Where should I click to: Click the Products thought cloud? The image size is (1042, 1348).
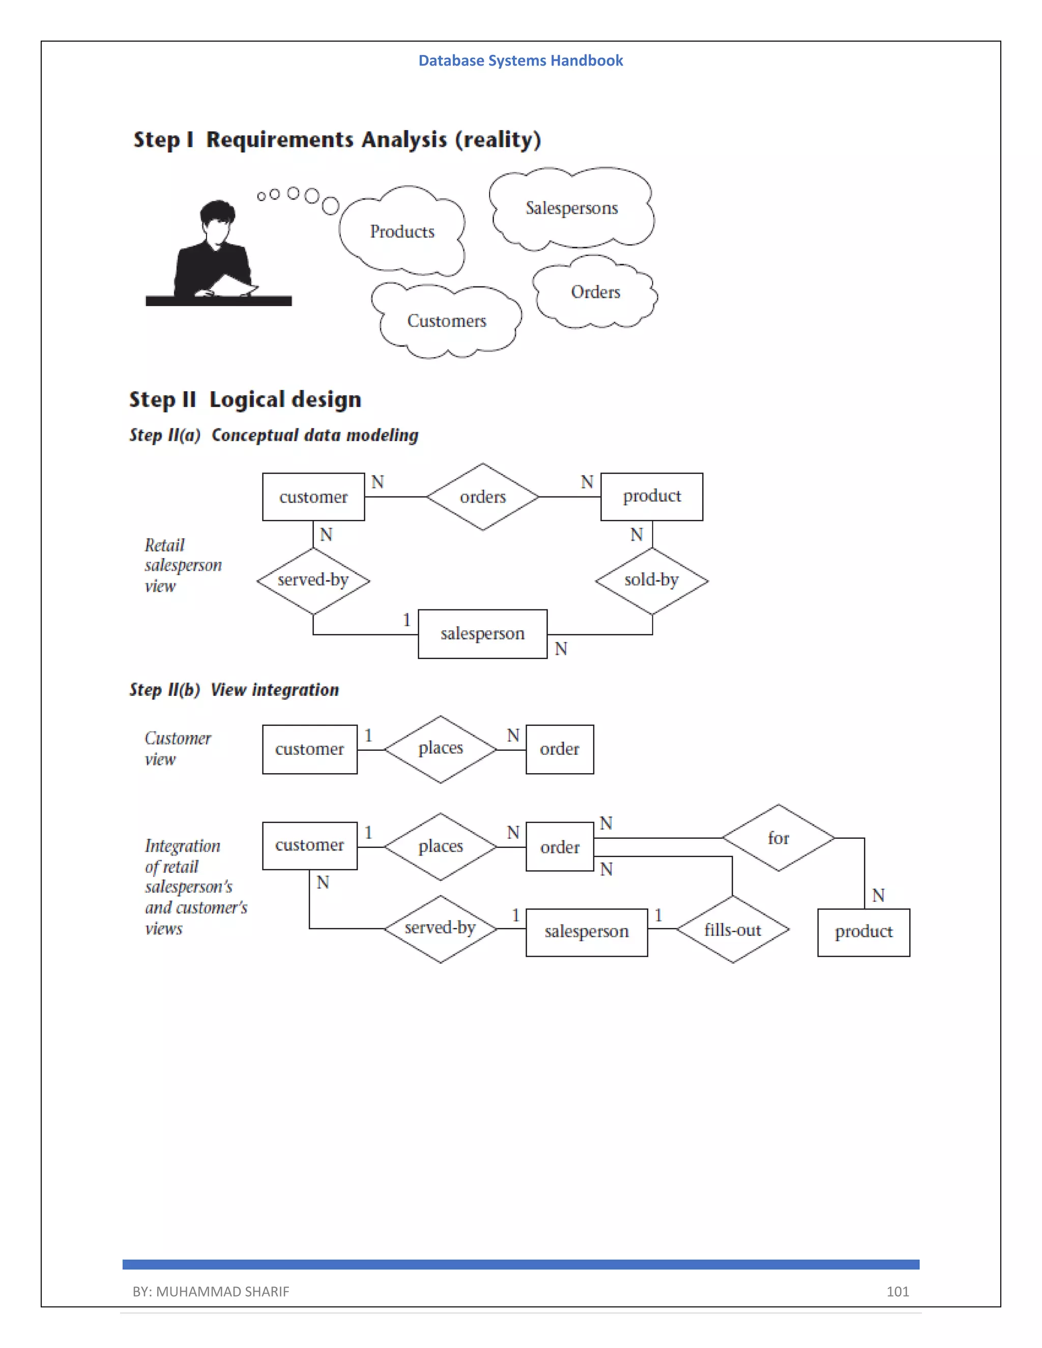click(402, 231)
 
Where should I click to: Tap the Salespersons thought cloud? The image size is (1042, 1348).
click(571, 209)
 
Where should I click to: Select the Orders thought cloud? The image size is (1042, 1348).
click(595, 292)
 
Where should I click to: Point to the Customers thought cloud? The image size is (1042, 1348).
click(446, 321)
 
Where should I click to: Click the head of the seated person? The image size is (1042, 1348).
click(217, 216)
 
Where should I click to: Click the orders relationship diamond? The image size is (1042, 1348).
click(483, 497)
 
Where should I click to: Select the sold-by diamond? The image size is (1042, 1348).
click(651, 580)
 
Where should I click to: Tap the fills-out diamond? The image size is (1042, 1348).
click(733, 929)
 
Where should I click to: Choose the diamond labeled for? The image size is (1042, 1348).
click(778, 838)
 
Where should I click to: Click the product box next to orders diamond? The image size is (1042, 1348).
click(652, 496)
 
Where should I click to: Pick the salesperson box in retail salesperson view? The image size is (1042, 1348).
click(483, 634)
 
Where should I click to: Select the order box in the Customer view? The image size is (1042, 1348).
click(560, 749)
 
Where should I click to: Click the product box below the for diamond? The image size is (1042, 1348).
click(863, 932)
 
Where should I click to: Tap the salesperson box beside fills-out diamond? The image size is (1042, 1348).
click(587, 932)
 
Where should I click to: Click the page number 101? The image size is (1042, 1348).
click(898, 1291)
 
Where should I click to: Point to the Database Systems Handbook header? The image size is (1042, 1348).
click(520, 61)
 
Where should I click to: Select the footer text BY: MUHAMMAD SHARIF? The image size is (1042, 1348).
click(211, 1291)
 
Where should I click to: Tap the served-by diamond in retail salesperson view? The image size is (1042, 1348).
click(313, 580)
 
